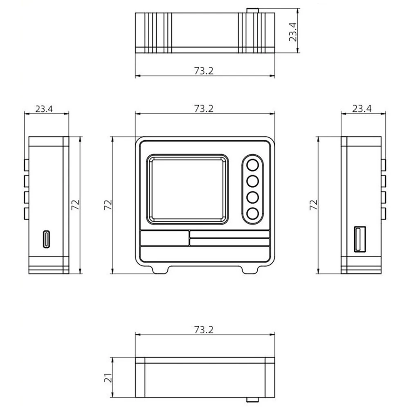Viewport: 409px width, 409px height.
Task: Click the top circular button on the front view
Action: (x=252, y=165)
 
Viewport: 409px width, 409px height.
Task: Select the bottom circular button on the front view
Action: (x=252, y=213)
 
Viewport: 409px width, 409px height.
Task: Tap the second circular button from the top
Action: (x=252, y=181)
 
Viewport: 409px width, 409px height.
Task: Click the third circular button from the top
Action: (x=252, y=198)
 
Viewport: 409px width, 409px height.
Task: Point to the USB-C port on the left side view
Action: (x=46, y=239)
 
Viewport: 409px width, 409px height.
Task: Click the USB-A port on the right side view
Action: (x=360, y=239)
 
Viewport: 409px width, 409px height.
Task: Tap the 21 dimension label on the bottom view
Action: (x=108, y=378)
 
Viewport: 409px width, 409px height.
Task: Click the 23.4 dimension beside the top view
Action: (x=293, y=32)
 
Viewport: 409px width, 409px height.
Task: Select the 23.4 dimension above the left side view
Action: (x=44, y=109)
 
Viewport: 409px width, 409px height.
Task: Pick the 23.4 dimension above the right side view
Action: (x=362, y=108)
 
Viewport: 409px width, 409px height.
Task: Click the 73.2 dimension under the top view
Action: (x=204, y=71)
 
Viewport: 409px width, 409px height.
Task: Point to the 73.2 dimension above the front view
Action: (x=204, y=108)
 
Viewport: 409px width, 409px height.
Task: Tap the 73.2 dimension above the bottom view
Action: (x=204, y=330)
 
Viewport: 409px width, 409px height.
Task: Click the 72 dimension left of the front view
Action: (x=108, y=205)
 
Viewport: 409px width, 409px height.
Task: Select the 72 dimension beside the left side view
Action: (x=75, y=205)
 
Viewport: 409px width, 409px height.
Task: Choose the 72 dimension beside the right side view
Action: (x=314, y=205)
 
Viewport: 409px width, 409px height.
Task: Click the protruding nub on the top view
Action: (x=252, y=11)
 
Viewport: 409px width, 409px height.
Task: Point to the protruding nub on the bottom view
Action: (x=252, y=400)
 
